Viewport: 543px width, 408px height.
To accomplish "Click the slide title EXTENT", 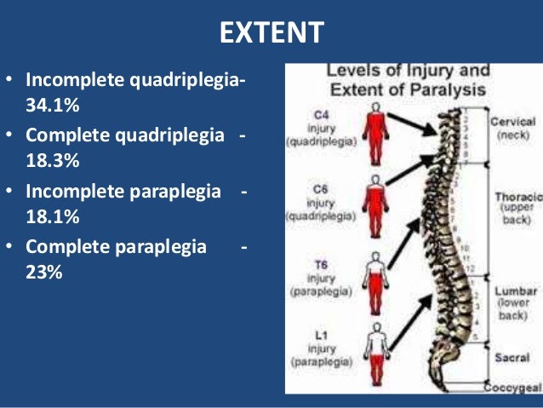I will (x=271, y=33).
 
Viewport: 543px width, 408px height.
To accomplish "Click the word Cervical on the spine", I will (x=513, y=122).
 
